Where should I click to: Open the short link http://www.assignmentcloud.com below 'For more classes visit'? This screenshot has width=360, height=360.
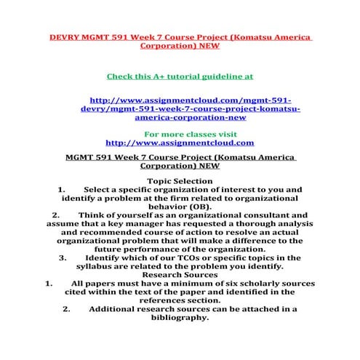[180, 143]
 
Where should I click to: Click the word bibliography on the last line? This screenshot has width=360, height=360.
[180, 316]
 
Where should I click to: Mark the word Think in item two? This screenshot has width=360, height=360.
[93, 216]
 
